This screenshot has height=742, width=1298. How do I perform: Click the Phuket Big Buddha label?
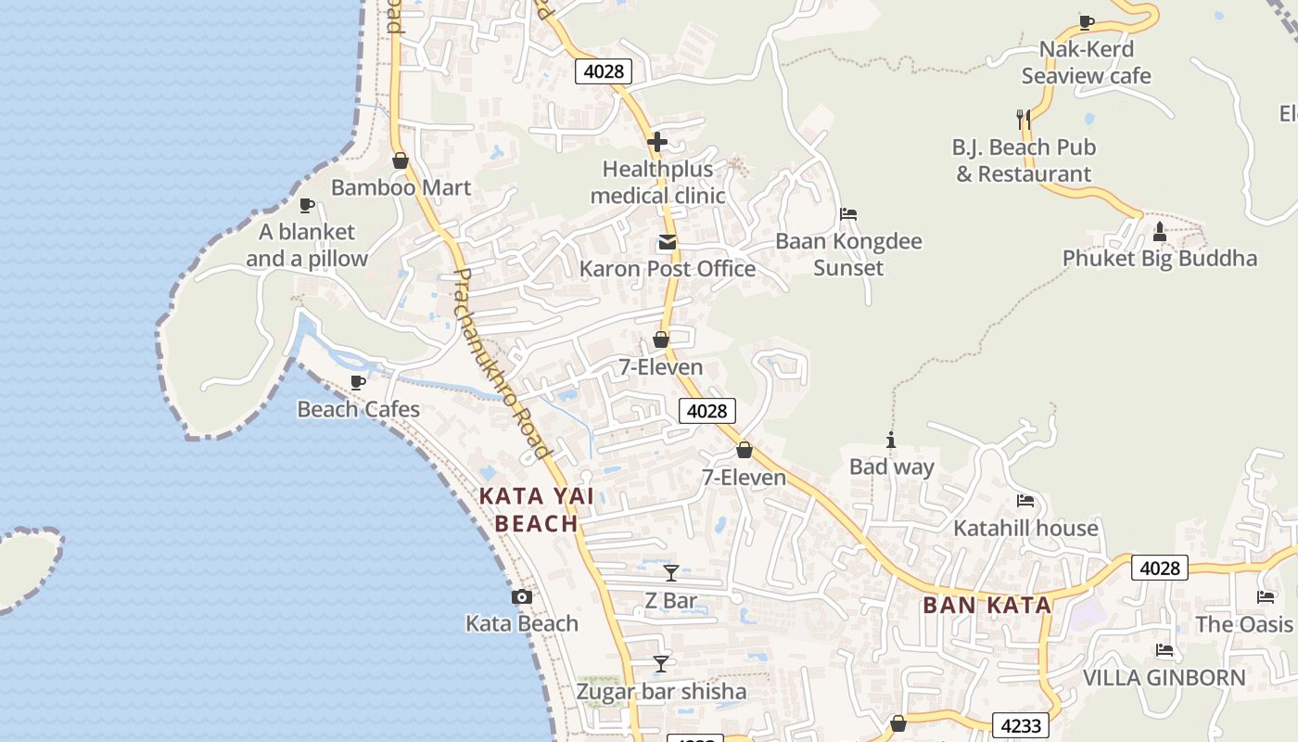point(1159,259)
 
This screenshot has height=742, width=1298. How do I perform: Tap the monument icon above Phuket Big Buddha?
point(1159,230)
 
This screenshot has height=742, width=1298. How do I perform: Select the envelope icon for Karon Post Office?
point(667,243)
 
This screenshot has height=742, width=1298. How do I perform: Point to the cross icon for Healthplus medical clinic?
point(657,142)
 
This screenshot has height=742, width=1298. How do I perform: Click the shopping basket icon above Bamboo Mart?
point(401,160)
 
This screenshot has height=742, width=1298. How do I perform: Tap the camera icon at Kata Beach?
point(522,597)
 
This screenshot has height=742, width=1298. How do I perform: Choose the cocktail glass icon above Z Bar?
point(671,572)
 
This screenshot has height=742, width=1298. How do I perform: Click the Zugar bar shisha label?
point(661,692)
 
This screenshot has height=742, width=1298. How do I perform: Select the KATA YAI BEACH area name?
point(536,509)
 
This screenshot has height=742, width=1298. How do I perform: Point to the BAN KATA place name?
point(987,606)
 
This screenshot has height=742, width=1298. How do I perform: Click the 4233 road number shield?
point(1021,725)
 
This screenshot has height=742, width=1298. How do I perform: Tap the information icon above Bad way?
point(891,440)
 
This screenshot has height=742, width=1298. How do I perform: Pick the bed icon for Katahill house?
point(1025,501)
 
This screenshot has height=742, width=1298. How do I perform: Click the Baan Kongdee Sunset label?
point(848,255)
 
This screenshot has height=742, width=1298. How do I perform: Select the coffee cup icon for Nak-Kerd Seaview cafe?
point(1087,22)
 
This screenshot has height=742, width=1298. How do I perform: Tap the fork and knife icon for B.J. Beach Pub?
point(1024,119)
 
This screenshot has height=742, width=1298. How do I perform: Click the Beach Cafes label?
point(358,409)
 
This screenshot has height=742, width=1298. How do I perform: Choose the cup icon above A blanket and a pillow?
point(307,205)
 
